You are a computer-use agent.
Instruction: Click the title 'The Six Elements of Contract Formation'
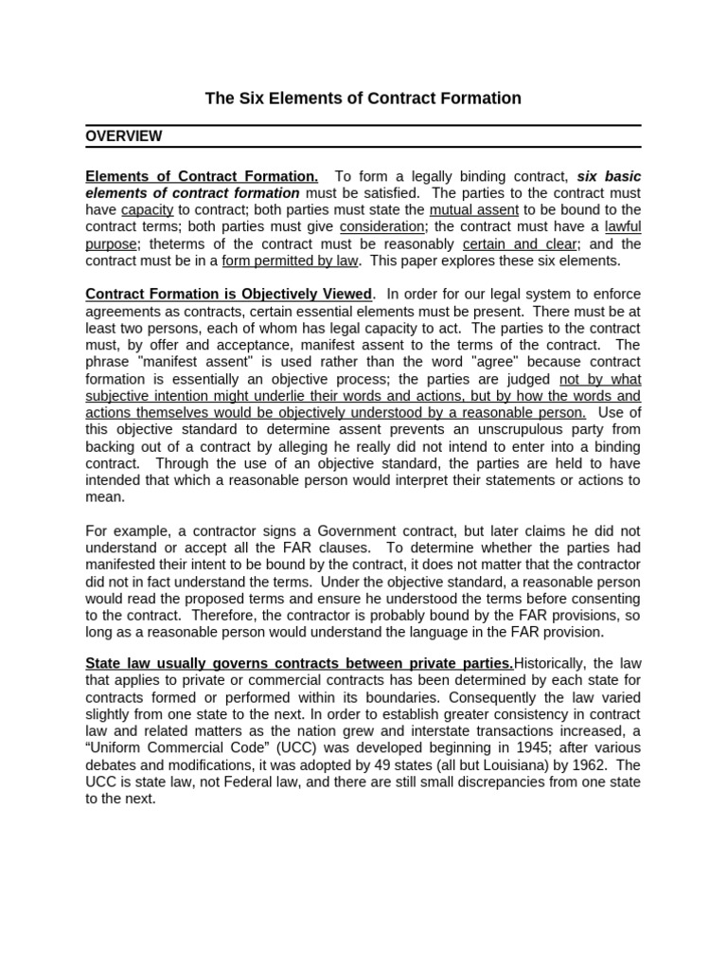click(x=363, y=99)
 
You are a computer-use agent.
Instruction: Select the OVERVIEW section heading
click(x=123, y=136)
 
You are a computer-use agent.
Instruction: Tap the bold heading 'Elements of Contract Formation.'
click(x=202, y=176)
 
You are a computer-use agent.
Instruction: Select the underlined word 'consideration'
click(x=381, y=227)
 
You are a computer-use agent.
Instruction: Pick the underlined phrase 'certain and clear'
click(x=519, y=244)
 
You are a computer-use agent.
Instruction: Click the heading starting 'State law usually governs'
click(x=299, y=662)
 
